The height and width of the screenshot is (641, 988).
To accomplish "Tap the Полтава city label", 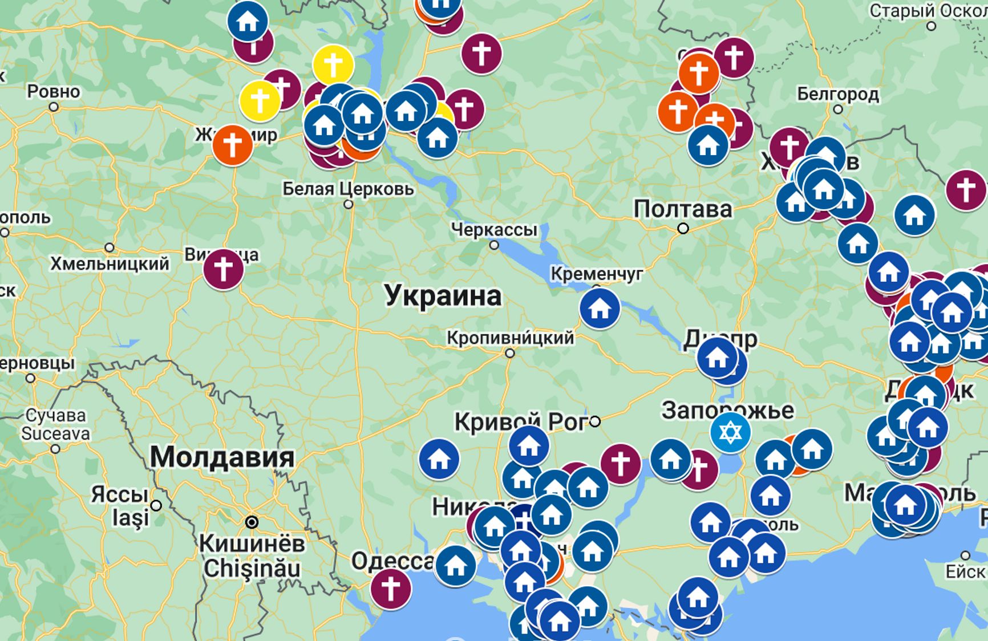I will tap(683, 209).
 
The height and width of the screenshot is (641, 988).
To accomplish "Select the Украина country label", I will tap(443, 295).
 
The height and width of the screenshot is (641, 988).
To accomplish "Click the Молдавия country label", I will tap(222, 457).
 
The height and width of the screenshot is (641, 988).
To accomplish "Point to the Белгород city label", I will tap(837, 94).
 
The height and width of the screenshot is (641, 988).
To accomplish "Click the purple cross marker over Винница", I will tap(224, 269).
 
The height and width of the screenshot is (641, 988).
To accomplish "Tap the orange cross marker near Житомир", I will tap(233, 145).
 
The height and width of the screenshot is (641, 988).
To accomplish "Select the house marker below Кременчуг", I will tap(600, 309).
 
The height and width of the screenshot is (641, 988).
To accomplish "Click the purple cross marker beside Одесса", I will tap(391, 589).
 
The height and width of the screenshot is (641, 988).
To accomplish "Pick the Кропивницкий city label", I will tap(510, 338).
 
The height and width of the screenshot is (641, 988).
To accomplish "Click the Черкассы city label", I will tap(494, 230).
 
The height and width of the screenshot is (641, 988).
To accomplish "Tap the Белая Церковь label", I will tap(348, 189).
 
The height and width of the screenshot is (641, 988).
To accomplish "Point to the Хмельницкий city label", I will tap(110, 263).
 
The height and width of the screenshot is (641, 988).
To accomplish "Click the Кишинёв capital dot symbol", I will tap(252, 522).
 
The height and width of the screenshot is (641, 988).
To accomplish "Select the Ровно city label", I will tap(54, 91).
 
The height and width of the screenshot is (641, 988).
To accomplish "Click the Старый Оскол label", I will tap(928, 11).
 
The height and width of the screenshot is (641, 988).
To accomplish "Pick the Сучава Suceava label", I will tap(55, 425).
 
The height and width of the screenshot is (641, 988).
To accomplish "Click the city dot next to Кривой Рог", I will tap(595, 421).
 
